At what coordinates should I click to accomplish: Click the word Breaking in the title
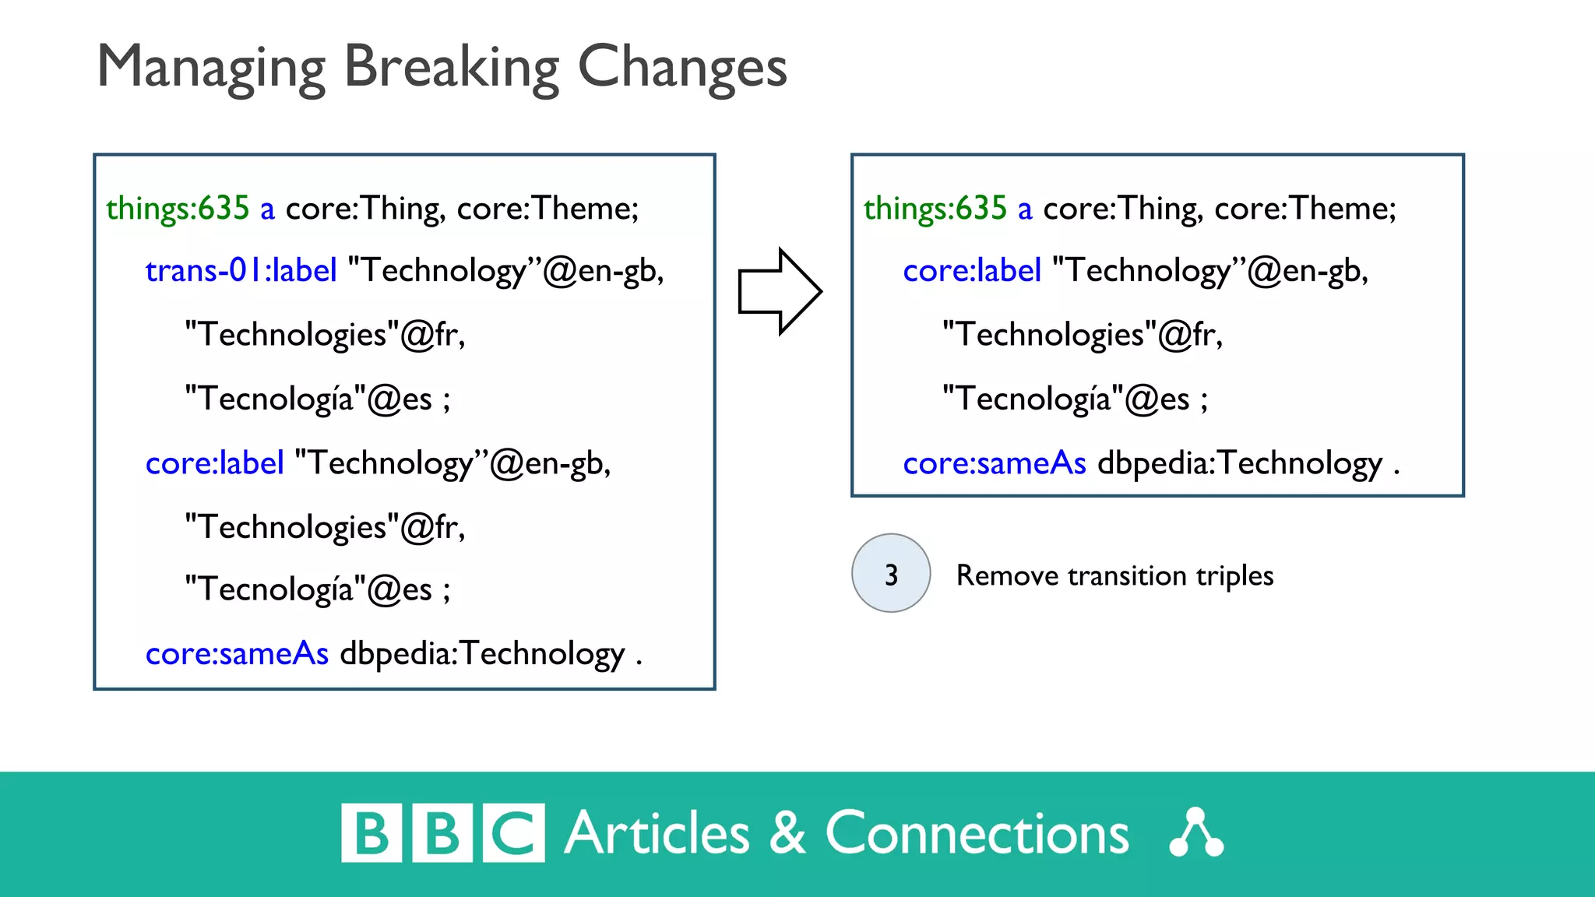click(451, 69)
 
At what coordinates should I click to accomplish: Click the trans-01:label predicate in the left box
click(241, 271)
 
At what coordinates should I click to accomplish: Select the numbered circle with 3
click(891, 574)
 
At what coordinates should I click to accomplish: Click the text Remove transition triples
click(1114, 576)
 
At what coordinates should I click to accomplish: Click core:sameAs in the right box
click(994, 464)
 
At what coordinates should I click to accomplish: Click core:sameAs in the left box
click(237, 654)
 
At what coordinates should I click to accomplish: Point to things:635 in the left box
click(178, 209)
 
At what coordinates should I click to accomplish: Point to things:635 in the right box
click(935, 209)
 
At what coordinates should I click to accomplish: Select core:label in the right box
click(971, 271)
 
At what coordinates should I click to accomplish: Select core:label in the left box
click(214, 464)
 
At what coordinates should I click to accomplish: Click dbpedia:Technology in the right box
click(1240, 464)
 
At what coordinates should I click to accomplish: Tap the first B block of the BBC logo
click(371, 833)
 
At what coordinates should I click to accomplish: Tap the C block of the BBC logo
click(513, 833)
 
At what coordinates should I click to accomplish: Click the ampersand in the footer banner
click(787, 834)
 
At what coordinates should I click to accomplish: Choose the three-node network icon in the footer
click(1196, 834)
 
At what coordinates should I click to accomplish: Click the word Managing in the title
click(210, 69)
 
